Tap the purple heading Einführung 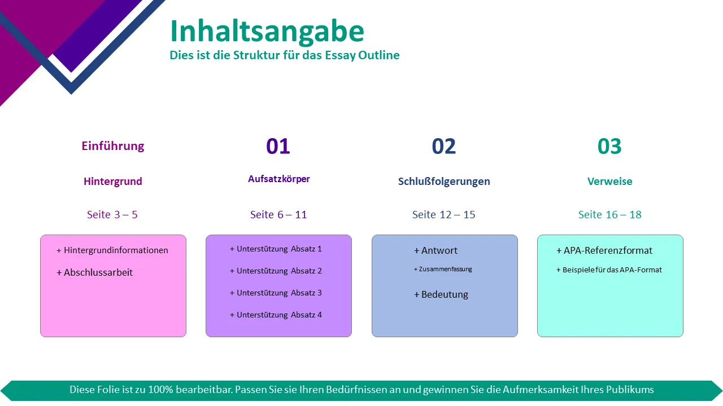(112, 146)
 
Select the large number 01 (278, 146)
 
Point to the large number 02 (444, 146)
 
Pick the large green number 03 (609, 146)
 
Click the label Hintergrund (112, 182)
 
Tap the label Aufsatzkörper (279, 179)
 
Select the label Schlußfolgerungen (444, 182)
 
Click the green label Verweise (609, 182)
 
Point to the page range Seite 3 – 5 (112, 215)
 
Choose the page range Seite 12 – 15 (444, 215)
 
